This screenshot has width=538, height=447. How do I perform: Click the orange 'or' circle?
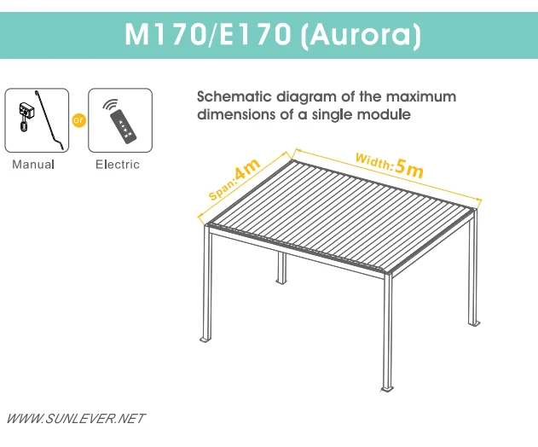point(78,120)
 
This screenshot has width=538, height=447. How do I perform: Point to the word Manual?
point(33,165)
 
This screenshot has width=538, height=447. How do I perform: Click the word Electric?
point(118,165)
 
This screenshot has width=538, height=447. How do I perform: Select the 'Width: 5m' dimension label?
point(389,165)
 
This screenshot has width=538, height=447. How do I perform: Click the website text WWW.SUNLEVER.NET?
point(76,419)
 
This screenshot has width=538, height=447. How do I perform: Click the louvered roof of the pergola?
point(341,213)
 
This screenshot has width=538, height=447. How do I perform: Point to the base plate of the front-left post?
point(205,340)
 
